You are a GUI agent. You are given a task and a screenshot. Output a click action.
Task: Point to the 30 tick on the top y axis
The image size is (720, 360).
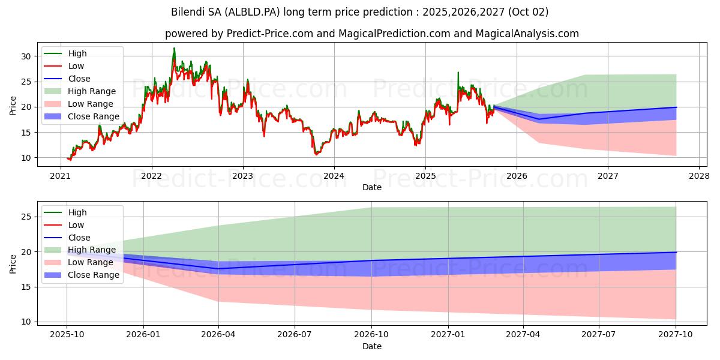pyautogui.click(x=25, y=56)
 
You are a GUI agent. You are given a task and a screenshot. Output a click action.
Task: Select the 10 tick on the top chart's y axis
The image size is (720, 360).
pyautogui.click(x=25, y=158)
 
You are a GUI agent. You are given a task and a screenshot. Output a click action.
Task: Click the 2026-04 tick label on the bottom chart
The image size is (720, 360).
pyautogui.click(x=218, y=334)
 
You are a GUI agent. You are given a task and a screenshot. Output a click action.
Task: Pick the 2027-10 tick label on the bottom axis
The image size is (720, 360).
pyautogui.click(x=676, y=334)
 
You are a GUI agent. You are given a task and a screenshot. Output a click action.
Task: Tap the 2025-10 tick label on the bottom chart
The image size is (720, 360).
pyautogui.click(x=67, y=334)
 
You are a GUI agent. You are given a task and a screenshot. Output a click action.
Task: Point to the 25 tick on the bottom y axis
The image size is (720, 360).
pyautogui.click(x=25, y=217)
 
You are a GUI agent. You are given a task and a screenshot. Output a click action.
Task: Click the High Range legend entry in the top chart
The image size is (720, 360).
pyautogui.click(x=91, y=91)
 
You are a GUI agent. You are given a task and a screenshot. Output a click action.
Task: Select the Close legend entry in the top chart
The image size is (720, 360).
pyautogui.click(x=79, y=79)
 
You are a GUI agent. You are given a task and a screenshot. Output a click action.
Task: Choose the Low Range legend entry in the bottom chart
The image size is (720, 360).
pyautogui.click(x=90, y=262)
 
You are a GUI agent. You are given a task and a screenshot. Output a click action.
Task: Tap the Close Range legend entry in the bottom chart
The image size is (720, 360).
pyautogui.click(x=93, y=275)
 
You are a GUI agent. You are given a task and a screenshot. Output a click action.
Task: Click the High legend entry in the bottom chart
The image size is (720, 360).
pyautogui.click(x=77, y=212)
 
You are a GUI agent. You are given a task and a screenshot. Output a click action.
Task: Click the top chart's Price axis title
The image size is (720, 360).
pyautogui.click(x=13, y=106)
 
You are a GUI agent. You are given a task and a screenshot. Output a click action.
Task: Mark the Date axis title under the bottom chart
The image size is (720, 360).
pyautogui.click(x=372, y=346)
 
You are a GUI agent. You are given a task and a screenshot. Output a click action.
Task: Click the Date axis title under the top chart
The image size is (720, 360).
pyautogui.click(x=372, y=187)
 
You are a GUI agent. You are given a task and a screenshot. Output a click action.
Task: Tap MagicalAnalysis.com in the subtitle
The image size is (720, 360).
pyautogui.click(x=527, y=34)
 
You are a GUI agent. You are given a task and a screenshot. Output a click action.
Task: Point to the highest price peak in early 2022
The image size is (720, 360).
pyautogui.click(x=175, y=49)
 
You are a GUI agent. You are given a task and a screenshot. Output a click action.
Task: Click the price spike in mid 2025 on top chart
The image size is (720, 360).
pyautogui.click(x=458, y=73)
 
